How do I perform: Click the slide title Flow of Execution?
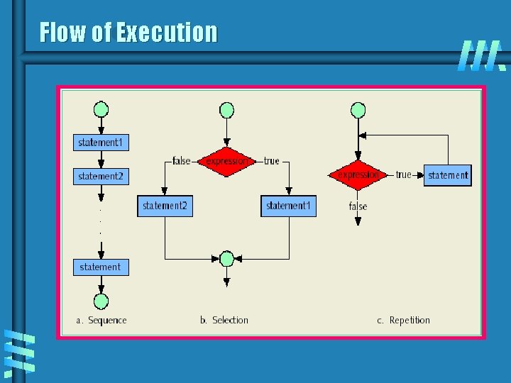[128, 33]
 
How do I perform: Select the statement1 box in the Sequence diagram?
[101, 143]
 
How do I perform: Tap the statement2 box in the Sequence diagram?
[101, 176]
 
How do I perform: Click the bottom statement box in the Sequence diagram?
[101, 267]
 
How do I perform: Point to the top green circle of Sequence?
[101, 110]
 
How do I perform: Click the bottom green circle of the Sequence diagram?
[101, 298]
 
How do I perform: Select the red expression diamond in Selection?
[226, 161]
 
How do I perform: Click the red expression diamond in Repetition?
[358, 174]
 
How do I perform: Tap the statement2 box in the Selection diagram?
[165, 206]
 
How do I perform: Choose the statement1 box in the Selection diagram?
[288, 206]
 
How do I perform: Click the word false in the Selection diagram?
[182, 161]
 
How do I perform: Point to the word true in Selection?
[271, 161]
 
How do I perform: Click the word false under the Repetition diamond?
[358, 206]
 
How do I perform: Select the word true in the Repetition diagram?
[403, 174]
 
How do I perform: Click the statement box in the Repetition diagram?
[448, 175]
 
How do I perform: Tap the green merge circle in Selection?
[226, 259]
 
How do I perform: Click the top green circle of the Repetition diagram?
[358, 110]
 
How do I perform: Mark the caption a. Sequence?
[101, 320]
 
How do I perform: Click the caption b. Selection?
[224, 320]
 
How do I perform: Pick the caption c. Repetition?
[403, 320]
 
